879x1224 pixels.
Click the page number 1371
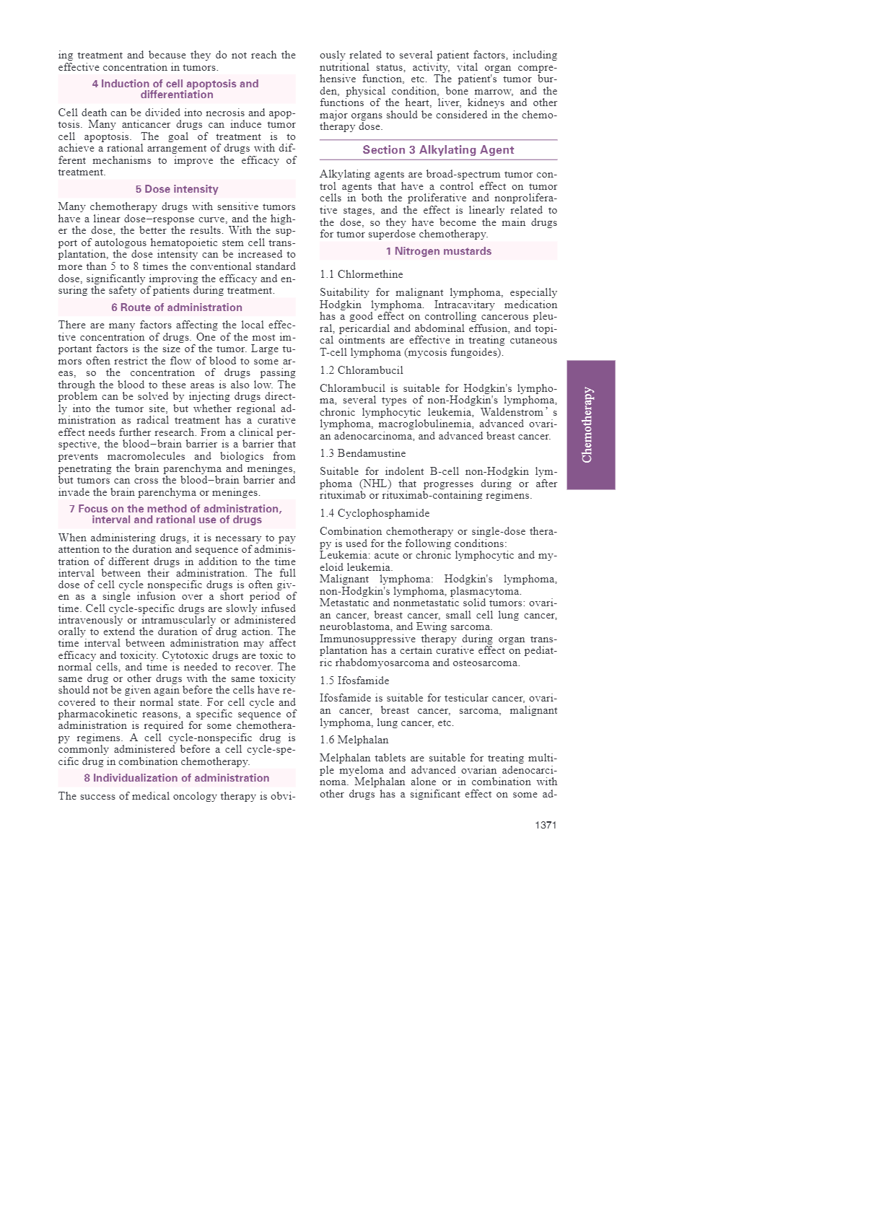546,825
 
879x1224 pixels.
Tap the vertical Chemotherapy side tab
590,425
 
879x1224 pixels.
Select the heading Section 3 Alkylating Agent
438,150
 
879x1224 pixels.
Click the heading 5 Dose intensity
177,189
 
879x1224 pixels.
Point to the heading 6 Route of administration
177,307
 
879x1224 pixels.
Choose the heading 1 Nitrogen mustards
438,251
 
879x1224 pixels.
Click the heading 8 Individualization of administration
177,778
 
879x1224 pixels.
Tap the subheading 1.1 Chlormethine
362,274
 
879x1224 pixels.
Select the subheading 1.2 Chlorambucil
362,370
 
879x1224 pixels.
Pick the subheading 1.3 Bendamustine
363,453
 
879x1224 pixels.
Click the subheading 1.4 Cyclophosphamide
375,513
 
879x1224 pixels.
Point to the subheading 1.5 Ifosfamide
354,681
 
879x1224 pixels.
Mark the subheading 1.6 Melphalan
354,740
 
